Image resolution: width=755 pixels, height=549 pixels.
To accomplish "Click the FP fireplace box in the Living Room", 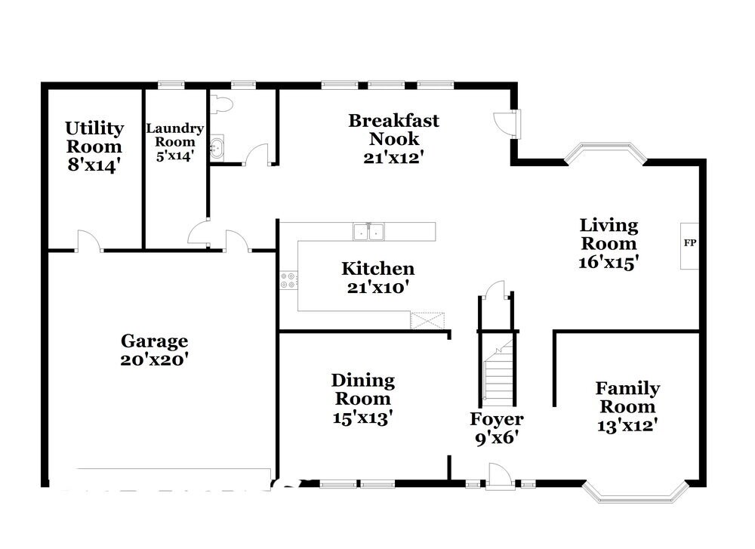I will coord(689,245).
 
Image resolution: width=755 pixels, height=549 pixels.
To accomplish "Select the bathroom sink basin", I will coord(216,147).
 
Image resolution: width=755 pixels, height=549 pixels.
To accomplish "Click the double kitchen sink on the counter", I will coord(368,232).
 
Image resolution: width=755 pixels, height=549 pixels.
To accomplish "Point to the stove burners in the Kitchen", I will coord(288,281).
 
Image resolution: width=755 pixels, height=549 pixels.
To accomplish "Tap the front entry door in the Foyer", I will coord(499,477).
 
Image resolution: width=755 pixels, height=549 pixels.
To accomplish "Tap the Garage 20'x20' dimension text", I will coord(153,359).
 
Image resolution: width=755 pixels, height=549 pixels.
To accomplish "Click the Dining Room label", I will coord(362,390).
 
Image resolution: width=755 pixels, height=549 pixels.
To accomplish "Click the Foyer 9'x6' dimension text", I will coord(496,437).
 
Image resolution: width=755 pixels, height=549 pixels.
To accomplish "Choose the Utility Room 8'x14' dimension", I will coord(94,165).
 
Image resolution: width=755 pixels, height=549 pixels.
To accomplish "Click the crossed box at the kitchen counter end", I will coord(428,320).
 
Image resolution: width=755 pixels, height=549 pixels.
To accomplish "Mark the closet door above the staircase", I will coord(495,291).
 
